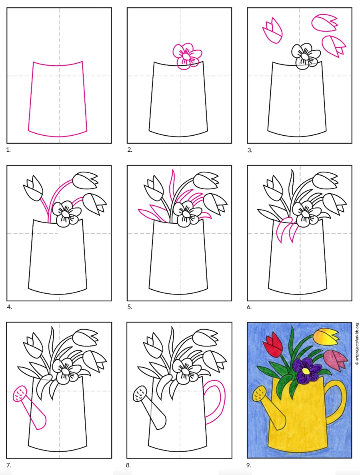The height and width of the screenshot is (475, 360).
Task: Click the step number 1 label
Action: coord(8,150)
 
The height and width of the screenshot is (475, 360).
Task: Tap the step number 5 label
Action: coord(130,307)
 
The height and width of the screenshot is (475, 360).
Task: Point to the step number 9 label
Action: coord(249,465)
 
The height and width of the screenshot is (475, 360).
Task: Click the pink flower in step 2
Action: coord(186,56)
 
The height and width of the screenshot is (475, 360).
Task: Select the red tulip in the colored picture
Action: coord(274,345)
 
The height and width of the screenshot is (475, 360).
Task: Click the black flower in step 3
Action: coord(305,56)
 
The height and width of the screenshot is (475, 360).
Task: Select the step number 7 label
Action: coord(8,465)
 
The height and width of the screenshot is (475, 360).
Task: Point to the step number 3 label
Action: coord(250,150)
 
